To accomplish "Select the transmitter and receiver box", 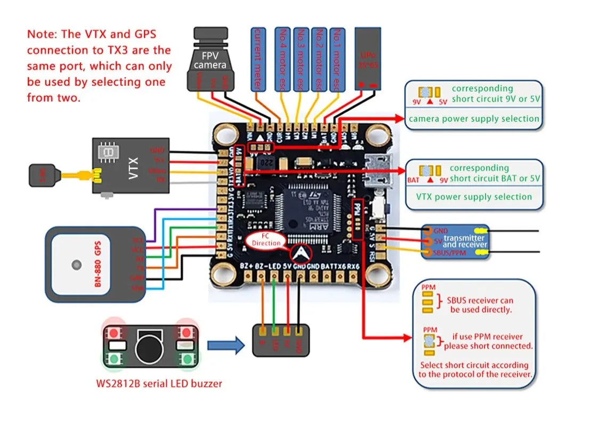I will tap(455, 241).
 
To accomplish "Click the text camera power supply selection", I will tap(473, 119).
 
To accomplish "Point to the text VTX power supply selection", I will tap(474, 196).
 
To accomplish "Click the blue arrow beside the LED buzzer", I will tap(224, 346).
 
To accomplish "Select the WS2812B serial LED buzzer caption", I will tap(159, 383).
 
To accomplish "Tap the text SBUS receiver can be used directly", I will tap(481, 305).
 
